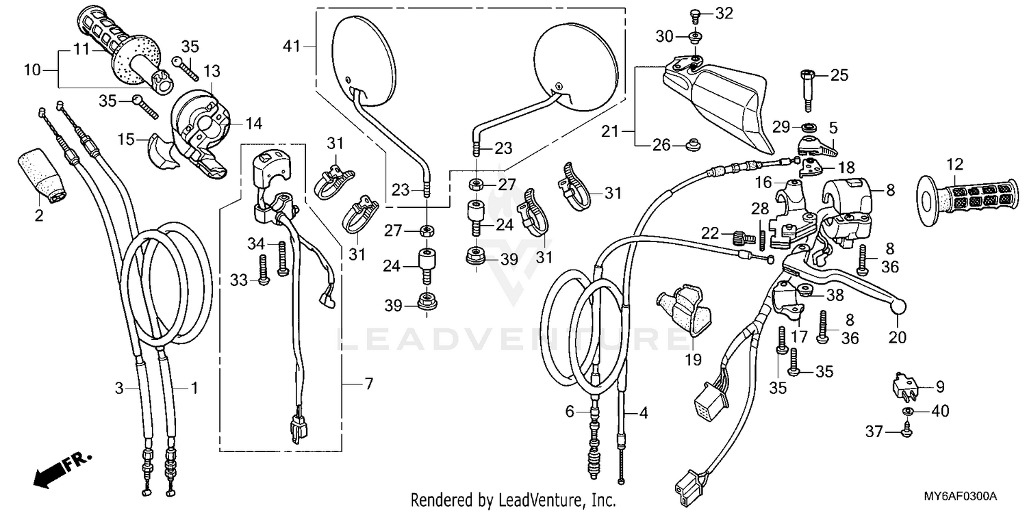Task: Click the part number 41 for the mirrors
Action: [x=292, y=47]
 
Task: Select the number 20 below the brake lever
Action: [x=897, y=337]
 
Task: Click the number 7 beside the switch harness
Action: [x=369, y=384]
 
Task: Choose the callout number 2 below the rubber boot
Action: [x=39, y=216]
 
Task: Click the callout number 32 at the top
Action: [x=724, y=14]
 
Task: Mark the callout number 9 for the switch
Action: [x=940, y=388]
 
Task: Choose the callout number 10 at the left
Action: [x=32, y=70]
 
